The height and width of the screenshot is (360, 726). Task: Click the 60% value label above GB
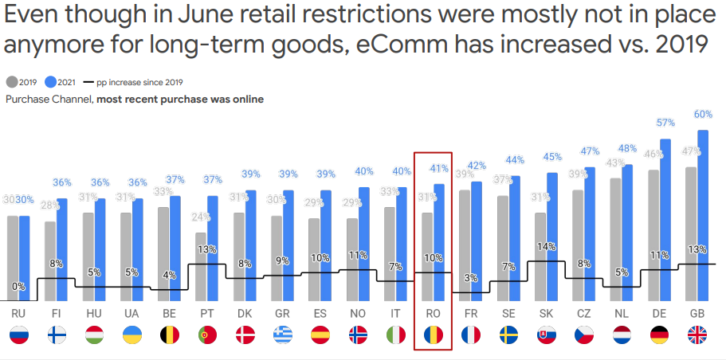click(703, 114)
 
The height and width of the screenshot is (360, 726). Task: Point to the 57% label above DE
click(665, 123)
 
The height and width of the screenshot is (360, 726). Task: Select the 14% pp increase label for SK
click(546, 247)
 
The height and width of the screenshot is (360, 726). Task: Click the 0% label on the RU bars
click(18, 286)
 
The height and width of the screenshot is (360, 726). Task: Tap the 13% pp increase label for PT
click(207, 249)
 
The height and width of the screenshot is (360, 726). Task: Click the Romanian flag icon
click(433, 335)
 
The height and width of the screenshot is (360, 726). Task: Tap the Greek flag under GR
click(282, 335)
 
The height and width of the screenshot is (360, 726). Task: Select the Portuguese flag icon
click(207, 335)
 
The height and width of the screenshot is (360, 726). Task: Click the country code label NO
click(358, 315)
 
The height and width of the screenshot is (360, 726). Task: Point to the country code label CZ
click(583, 315)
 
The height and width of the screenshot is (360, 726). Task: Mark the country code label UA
click(131, 315)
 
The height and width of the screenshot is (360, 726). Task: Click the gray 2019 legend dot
click(11, 82)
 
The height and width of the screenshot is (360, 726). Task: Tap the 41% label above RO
click(439, 169)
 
